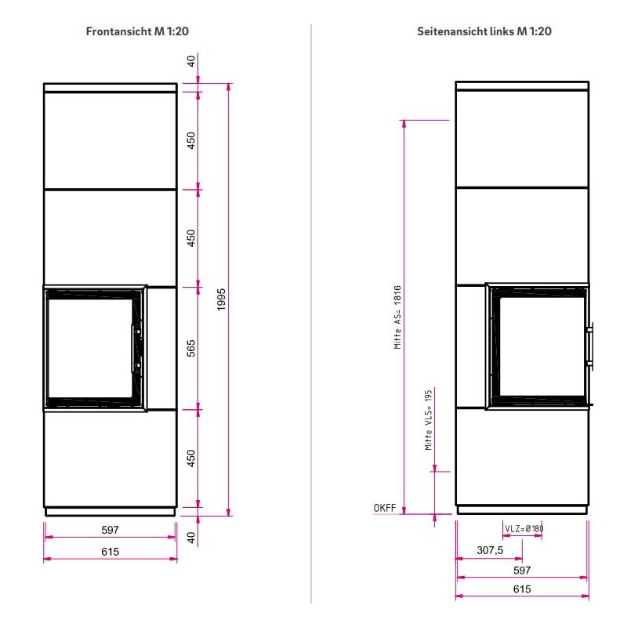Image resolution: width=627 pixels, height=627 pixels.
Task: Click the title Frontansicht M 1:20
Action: [x=137, y=32]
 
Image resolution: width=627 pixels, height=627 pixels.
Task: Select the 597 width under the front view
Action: [x=111, y=530]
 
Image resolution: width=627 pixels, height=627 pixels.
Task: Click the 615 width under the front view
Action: [x=111, y=552]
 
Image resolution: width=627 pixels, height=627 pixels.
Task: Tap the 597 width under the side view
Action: [x=522, y=570]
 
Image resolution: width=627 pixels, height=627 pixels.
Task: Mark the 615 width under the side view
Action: [x=522, y=589]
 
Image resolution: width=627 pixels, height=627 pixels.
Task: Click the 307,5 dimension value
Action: [x=490, y=550]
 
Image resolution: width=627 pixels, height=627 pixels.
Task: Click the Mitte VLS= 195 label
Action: [x=429, y=419]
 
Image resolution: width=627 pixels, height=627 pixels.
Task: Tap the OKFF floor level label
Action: [x=385, y=509]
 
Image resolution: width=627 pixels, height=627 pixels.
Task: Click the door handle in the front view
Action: [x=135, y=348]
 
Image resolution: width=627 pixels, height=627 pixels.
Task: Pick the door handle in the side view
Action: [x=589, y=345]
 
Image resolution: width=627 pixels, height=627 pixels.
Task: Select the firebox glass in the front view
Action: [x=88, y=347]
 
